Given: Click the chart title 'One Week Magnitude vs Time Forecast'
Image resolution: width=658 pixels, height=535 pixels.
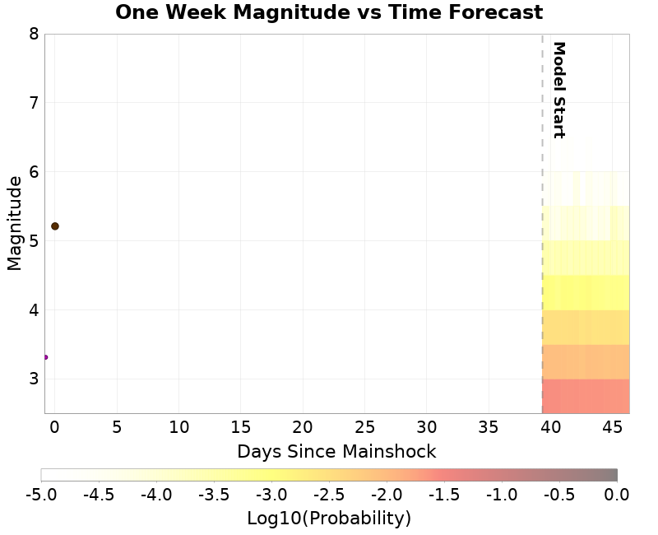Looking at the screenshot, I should coord(329,13).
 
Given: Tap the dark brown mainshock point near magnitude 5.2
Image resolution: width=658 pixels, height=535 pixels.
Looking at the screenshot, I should coord(55,226).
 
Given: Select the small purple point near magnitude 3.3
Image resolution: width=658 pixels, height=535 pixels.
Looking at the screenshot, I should coord(45,357).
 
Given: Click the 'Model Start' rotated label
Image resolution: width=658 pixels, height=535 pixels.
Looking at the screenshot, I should coord(558,90).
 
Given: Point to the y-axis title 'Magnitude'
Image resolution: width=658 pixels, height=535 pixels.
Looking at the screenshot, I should coord(14,223).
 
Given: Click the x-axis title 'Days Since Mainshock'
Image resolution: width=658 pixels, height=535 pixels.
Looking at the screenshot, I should coord(336,452).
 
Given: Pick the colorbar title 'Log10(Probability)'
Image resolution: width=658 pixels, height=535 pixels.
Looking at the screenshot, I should coord(329,519).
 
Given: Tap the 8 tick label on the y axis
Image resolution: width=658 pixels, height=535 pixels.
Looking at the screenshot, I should coord(34,34).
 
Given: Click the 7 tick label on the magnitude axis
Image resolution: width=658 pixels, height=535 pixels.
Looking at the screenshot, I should coord(34,103).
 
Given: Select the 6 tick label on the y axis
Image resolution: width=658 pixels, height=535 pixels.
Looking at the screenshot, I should coord(34,172).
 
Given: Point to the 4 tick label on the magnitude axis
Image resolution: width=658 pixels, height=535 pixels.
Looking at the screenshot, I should coord(34,310).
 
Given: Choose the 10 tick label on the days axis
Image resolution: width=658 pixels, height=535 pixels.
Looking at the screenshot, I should coord(178,427).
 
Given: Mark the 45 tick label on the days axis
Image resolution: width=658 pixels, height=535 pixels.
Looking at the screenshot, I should coord(612,427).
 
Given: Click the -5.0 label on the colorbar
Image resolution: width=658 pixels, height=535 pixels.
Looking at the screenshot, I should coord(41,495).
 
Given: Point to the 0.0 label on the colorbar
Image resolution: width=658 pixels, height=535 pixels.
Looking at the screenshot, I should coord(617,495).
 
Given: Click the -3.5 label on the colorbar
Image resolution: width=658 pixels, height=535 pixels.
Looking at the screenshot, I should coord(214,495).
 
